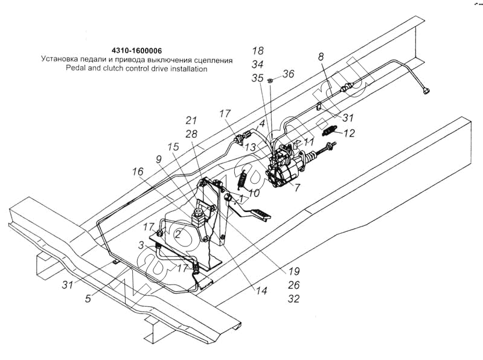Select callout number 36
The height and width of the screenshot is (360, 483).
pyautogui.click(x=289, y=74)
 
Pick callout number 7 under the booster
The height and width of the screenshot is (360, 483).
pyautogui.click(x=297, y=188)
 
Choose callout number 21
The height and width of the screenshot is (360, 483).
pyautogui.click(x=191, y=120)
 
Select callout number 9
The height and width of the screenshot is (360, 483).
pyautogui.click(x=159, y=159)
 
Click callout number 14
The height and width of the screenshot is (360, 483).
pyautogui.click(x=261, y=291)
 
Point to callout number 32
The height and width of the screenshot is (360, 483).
pyautogui.click(x=294, y=298)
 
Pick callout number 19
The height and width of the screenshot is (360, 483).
pyautogui.click(x=295, y=271)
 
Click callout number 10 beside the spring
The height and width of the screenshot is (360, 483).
pyautogui.click(x=254, y=193)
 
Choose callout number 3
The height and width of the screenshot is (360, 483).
pyautogui.click(x=141, y=245)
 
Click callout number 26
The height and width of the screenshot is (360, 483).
pyautogui.click(x=294, y=284)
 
